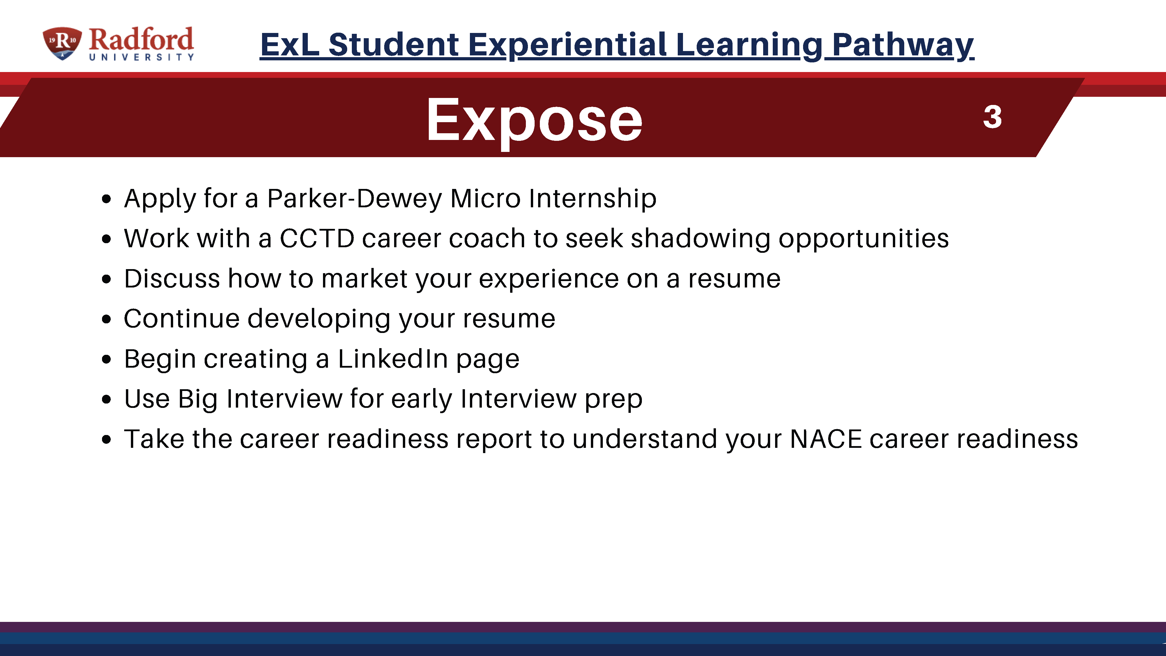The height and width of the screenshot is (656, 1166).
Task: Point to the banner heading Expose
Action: (534, 120)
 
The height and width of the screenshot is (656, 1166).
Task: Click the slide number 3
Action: (992, 117)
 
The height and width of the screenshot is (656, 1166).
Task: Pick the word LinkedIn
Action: (393, 359)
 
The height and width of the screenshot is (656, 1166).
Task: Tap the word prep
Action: (613, 400)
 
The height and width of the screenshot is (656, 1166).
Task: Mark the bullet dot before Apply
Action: (106, 199)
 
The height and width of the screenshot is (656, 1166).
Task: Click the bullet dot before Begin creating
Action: (106, 359)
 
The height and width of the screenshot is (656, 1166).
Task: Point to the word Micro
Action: (485, 198)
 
